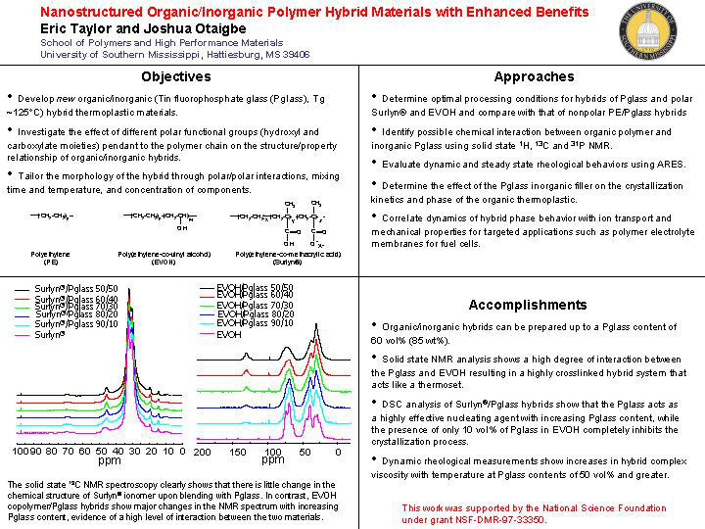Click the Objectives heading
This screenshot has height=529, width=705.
[175, 76]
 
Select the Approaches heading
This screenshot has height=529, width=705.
[534, 76]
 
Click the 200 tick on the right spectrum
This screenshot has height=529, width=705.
[201, 452]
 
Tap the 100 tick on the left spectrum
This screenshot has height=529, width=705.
[21, 452]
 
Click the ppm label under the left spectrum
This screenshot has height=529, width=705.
[110, 460]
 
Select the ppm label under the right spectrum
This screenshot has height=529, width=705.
[273, 460]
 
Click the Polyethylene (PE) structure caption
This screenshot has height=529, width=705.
[52, 258]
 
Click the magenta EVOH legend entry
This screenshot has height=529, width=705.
[229, 335]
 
